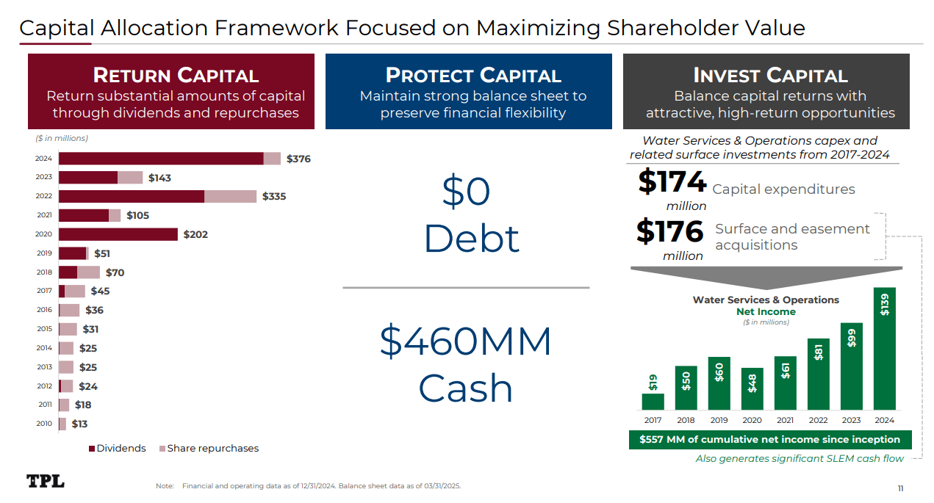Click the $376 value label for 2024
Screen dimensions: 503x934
tap(298, 159)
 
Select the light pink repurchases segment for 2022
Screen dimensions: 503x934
tap(230, 196)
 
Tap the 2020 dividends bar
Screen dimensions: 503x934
tap(118, 234)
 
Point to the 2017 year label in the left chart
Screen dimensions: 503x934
tap(44, 291)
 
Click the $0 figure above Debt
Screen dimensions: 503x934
tap(466, 192)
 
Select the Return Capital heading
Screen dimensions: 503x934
tap(176, 76)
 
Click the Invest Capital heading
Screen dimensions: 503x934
tap(770, 76)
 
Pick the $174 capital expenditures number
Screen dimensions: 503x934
tap(672, 182)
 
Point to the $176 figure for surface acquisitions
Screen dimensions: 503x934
tap(669, 232)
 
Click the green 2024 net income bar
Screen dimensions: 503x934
tap(884, 348)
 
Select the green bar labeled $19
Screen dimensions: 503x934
tap(653, 401)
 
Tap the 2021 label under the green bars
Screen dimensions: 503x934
tap(785, 420)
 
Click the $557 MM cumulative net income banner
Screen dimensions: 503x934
tap(770, 439)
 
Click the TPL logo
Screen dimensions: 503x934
tap(46, 482)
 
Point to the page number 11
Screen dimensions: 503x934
tap(900, 488)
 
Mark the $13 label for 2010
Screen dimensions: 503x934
tap(79, 424)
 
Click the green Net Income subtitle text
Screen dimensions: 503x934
tap(766, 311)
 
